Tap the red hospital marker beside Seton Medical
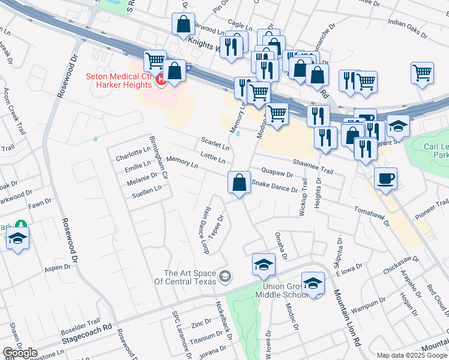pos(160,80)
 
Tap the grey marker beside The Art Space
pos(225,277)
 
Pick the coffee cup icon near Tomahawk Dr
pos(386,178)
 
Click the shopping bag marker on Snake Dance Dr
pos(239,182)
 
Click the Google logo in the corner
pos(20,353)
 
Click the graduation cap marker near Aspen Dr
pos(18,239)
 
